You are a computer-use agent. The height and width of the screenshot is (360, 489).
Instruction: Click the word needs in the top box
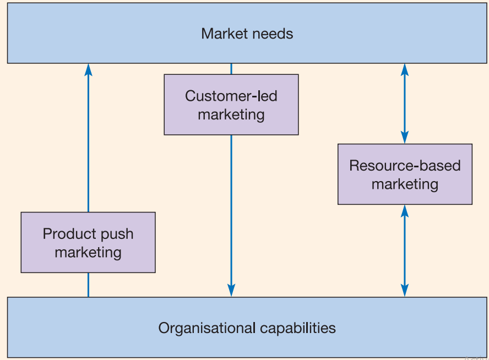273,34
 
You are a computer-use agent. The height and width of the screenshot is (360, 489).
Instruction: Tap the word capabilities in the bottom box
298,328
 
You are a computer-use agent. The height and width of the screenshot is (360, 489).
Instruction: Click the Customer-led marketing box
231,105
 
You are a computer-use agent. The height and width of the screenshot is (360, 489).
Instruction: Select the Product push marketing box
88,243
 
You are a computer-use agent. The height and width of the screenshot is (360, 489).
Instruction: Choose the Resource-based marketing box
405,174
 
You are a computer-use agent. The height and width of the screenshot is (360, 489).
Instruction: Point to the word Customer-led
231,96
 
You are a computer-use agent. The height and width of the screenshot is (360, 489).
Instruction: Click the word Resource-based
405,165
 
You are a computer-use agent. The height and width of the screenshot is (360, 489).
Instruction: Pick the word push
119,234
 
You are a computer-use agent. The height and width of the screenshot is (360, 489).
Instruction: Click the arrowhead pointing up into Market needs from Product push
88,69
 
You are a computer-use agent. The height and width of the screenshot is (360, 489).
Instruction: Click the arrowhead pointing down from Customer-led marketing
231,290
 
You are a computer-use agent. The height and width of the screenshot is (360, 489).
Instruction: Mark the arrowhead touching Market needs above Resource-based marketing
405,69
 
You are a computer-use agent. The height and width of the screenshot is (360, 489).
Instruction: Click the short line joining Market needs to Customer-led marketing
231,69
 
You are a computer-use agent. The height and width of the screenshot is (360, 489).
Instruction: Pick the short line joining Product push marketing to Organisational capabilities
88,285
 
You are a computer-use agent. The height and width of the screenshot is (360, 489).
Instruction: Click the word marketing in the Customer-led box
231,114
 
